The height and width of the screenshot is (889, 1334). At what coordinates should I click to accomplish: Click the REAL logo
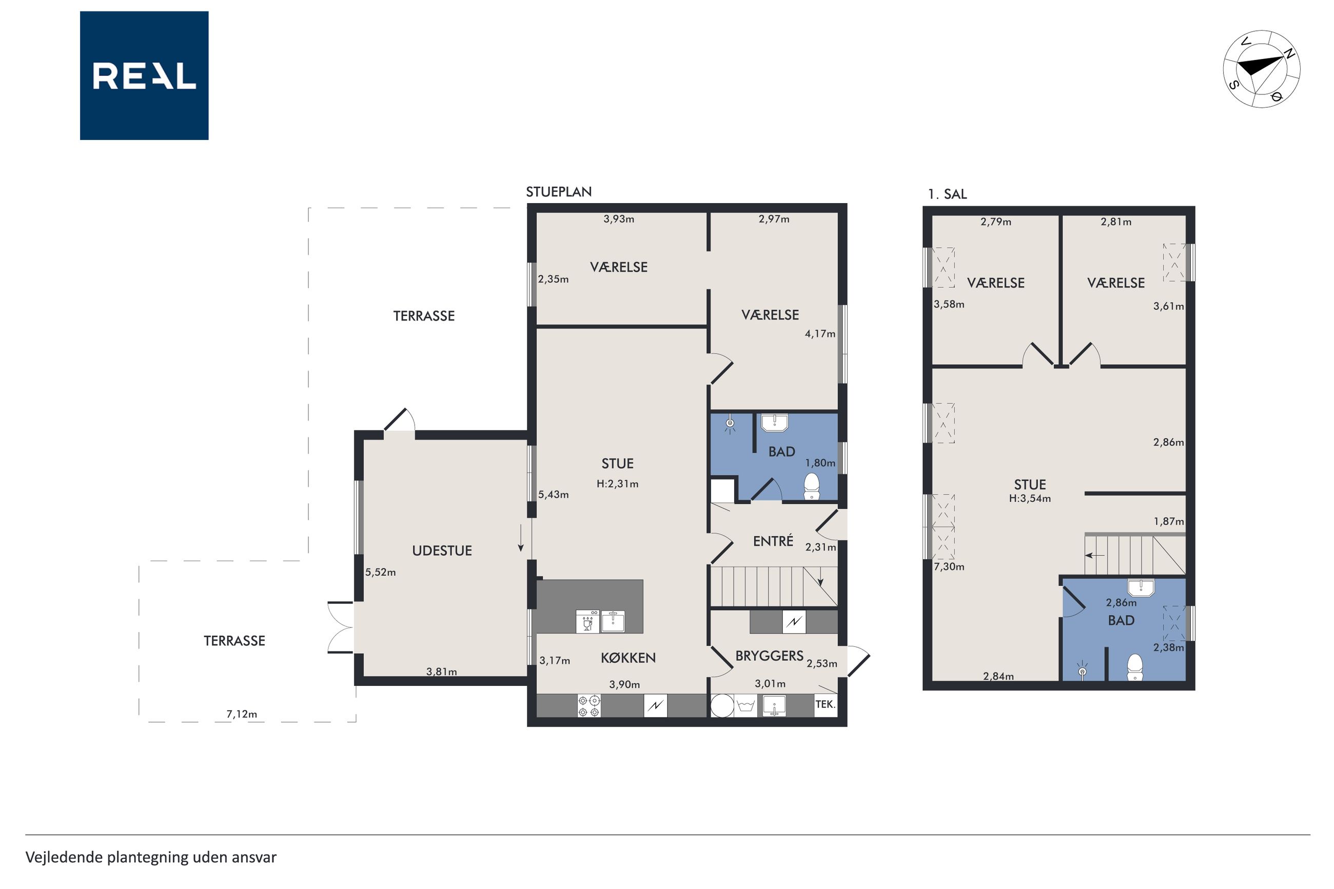click(144, 75)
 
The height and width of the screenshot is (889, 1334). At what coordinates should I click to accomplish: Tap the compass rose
click(1262, 69)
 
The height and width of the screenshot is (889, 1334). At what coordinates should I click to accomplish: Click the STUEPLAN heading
click(558, 192)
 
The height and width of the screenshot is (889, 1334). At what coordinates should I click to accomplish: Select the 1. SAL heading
click(947, 194)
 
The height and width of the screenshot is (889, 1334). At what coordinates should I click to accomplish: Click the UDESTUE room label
click(442, 550)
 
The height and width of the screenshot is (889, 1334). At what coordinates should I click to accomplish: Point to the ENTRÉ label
click(773, 541)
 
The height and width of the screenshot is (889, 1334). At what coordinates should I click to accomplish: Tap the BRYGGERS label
click(769, 656)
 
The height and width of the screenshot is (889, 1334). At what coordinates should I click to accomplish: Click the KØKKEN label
click(628, 658)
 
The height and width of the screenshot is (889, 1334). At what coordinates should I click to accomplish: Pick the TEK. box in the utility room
click(826, 705)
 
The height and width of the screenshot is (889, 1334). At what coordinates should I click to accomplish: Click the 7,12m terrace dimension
click(242, 714)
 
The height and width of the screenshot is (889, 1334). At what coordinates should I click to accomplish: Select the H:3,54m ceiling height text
click(1030, 499)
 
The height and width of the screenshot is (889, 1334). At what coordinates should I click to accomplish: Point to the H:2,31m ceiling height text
click(617, 484)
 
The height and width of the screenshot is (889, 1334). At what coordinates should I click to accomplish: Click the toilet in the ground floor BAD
click(812, 486)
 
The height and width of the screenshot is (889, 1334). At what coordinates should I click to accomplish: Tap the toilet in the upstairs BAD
click(1135, 667)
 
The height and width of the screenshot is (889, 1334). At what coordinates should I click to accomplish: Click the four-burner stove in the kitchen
click(589, 706)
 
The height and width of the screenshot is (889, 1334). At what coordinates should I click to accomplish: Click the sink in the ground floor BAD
click(773, 422)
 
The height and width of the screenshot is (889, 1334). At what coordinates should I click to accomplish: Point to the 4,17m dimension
click(820, 334)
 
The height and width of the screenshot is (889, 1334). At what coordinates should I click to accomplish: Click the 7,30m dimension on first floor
click(949, 566)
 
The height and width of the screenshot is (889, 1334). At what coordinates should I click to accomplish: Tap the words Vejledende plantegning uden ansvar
click(151, 857)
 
